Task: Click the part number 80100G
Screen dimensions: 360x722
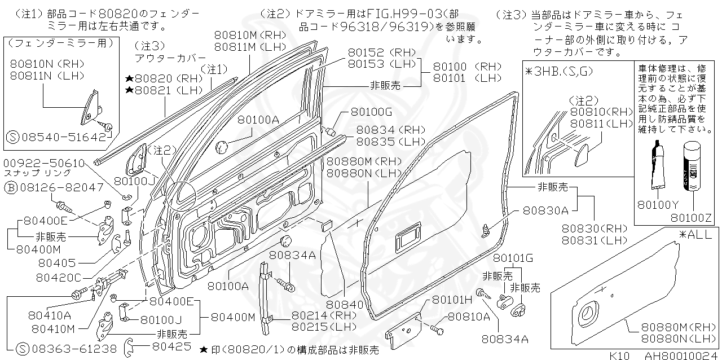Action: coord(371,112)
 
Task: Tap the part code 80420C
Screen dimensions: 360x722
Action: coord(59,278)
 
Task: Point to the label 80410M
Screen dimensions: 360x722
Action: coord(55,328)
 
